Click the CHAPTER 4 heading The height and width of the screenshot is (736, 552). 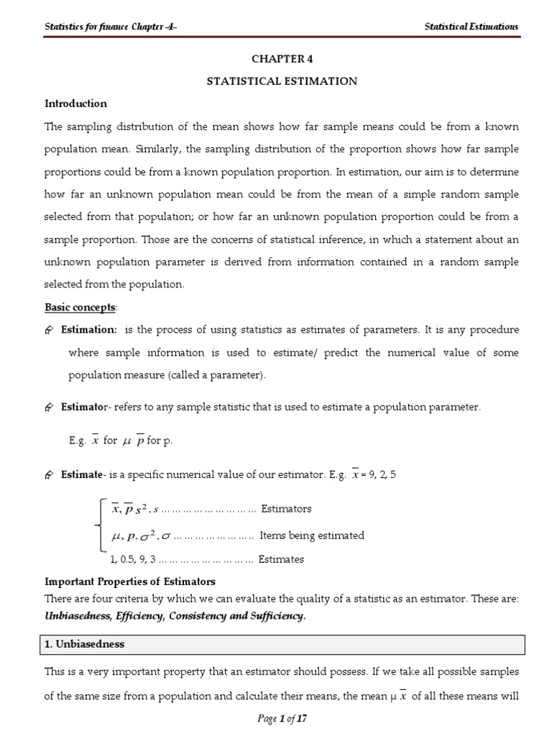282,59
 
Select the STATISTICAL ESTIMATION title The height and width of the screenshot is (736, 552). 282,81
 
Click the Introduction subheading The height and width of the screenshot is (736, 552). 75,103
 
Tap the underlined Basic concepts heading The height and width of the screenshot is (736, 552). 80,307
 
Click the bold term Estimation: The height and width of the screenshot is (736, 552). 88,329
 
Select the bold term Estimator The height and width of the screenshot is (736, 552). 83,407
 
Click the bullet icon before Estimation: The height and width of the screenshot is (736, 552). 50,330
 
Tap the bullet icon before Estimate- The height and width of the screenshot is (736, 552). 50,475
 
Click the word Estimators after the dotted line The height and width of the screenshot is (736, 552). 286,509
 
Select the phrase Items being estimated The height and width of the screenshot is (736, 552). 312,535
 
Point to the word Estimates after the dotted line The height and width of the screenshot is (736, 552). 281,558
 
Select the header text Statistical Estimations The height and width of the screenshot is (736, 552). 471,27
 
